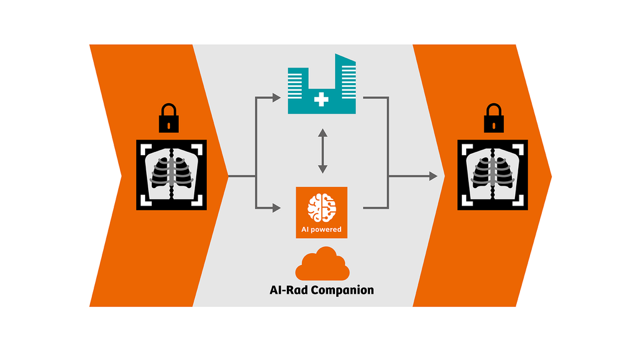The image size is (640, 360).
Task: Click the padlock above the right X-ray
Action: [x=493, y=118]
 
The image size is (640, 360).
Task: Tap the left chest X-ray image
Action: [x=171, y=174]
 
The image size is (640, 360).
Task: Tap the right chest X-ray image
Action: [x=493, y=174]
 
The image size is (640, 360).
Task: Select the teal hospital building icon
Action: [x=321, y=87]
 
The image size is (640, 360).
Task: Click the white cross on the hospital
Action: [x=321, y=99]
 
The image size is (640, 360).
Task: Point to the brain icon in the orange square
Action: [x=321, y=207]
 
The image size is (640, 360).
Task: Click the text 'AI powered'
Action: [x=321, y=229]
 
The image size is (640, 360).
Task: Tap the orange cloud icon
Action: [x=322, y=265]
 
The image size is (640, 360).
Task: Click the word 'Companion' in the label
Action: [x=342, y=290]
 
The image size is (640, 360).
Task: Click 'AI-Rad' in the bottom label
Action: [x=289, y=290]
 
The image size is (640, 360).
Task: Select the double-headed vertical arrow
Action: [x=322, y=151]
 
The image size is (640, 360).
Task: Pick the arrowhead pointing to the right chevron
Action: [x=432, y=177]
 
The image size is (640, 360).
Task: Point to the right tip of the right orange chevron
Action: [x=551, y=177]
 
